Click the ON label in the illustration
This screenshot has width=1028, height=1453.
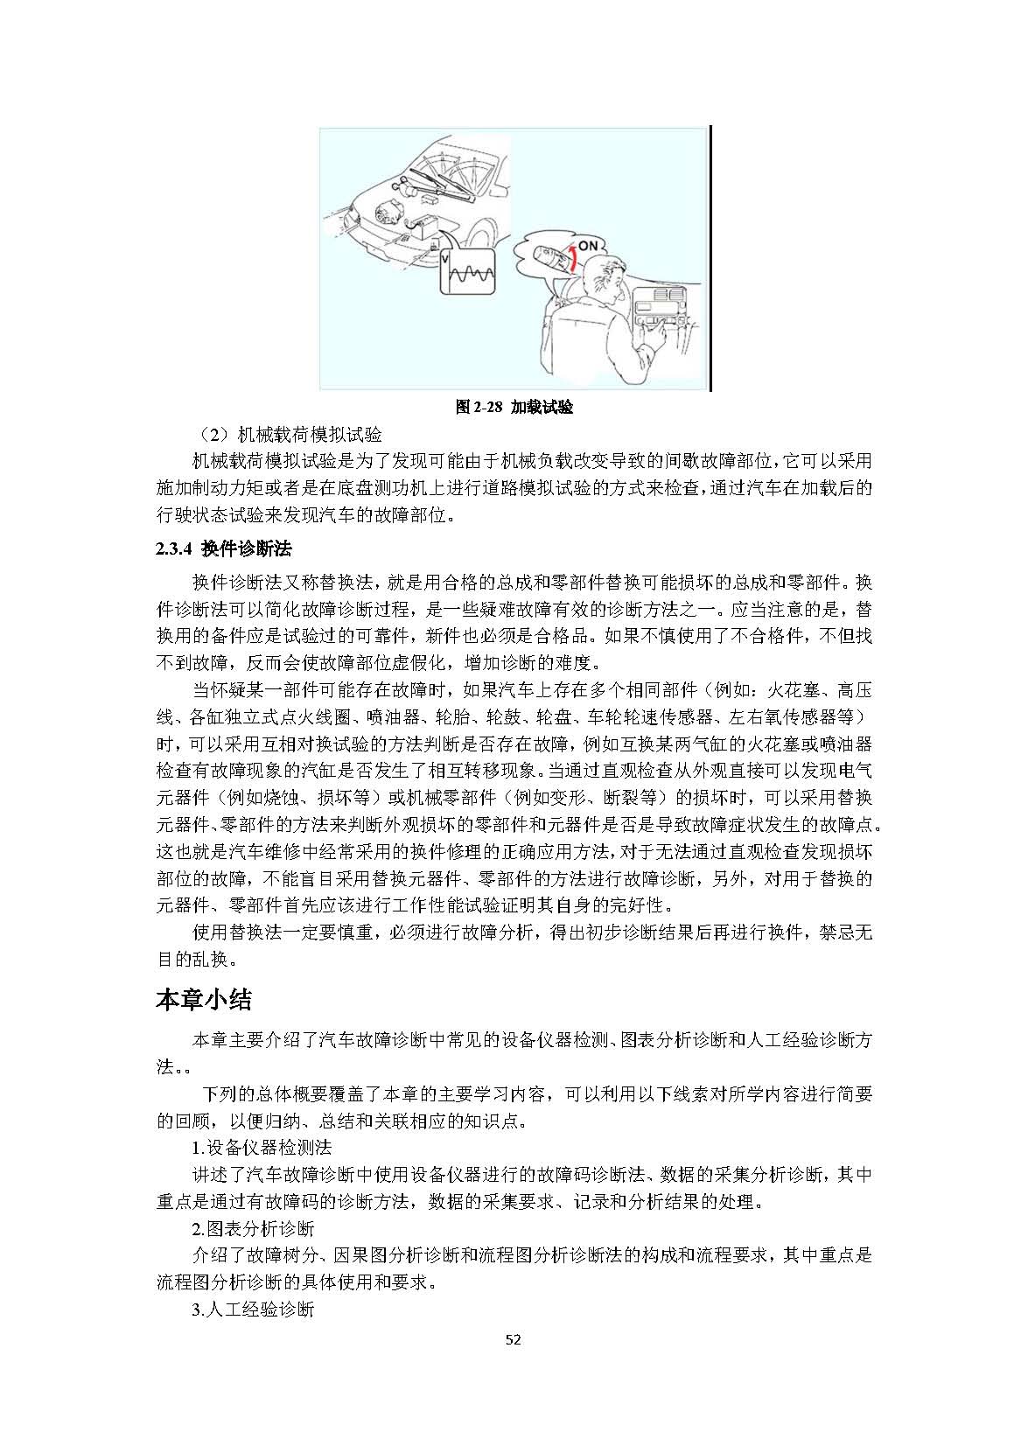tap(588, 246)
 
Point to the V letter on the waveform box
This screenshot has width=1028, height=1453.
tap(444, 260)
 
